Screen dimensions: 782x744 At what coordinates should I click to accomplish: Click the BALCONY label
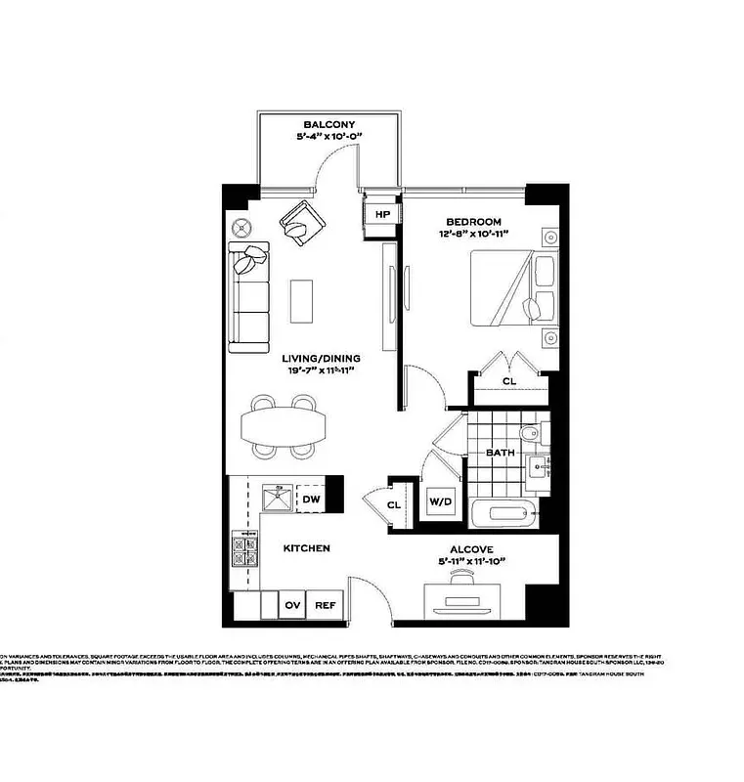pos(328,125)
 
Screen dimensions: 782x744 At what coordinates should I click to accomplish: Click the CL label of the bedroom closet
pos(508,382)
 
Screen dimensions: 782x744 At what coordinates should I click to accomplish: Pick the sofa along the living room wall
pos(248,299)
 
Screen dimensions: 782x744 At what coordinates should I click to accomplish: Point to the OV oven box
pos(292,605)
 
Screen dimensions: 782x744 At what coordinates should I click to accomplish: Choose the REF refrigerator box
pos(325,605)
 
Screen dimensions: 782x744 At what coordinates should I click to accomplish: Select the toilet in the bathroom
pos(528,435)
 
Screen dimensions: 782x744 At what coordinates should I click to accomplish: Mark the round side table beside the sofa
pos(243,227)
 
